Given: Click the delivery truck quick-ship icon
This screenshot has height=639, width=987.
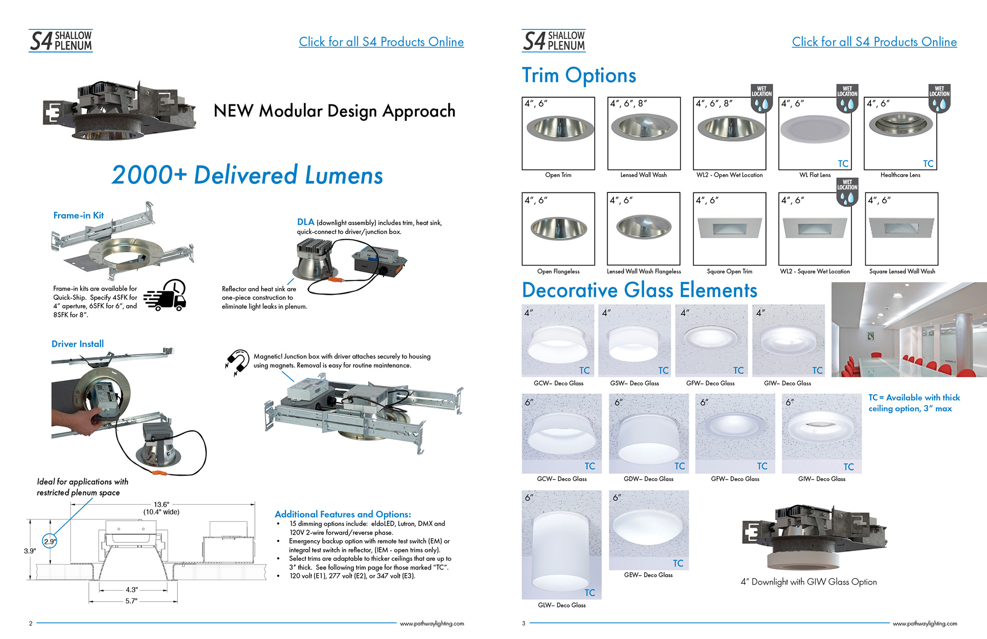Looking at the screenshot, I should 166,295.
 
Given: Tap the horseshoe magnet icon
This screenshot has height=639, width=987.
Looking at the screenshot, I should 236,362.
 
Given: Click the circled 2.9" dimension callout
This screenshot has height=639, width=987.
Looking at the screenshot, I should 49,541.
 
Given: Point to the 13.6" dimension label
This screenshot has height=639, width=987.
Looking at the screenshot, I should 161,504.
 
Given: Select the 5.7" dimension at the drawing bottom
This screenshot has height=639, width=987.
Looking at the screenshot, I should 132,601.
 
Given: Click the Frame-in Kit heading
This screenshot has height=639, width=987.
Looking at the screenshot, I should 78,216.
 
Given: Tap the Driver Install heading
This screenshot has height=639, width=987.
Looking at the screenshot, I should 78,344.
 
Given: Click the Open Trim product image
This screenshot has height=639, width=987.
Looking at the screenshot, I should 558,129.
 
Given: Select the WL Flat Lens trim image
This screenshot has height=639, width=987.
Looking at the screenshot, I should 815,129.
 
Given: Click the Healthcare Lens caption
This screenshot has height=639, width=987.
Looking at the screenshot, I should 900,175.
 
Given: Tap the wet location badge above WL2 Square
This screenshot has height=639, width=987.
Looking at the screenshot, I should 847,192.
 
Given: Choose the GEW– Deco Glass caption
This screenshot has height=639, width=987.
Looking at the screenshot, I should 648,575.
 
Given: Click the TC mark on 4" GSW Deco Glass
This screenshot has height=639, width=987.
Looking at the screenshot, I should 663,370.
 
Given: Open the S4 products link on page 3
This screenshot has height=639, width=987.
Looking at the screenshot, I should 874,42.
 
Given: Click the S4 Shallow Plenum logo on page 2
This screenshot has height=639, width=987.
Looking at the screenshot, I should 61,41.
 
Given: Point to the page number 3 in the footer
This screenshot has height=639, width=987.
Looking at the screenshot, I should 524,624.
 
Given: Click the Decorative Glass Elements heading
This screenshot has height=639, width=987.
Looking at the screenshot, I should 639,290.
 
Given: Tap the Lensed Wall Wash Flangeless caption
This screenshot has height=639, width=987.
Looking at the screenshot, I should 644,271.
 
